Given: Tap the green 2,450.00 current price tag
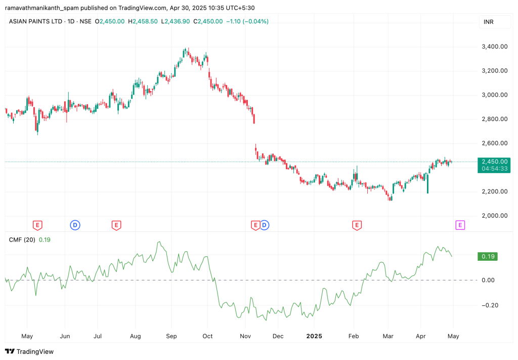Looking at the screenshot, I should click(x=494, y=161).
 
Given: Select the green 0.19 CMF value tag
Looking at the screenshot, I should click(x=488, y=257).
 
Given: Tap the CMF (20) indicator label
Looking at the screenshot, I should click(x=22, y=240).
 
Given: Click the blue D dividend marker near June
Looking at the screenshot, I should click(x=75, y=225).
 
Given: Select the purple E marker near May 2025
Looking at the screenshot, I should click(x=460, y=225).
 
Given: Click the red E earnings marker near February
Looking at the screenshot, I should click(x=357, y=225).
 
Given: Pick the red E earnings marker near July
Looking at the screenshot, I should click(x=116, y=225).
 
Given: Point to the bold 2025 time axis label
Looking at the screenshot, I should click(x=314, y=336).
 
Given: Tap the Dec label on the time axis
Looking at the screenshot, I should click(x=277, y=336).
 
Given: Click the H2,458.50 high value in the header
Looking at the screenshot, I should click(x=143, y=21).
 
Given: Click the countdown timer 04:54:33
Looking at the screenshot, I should click(x=494, y=169).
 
